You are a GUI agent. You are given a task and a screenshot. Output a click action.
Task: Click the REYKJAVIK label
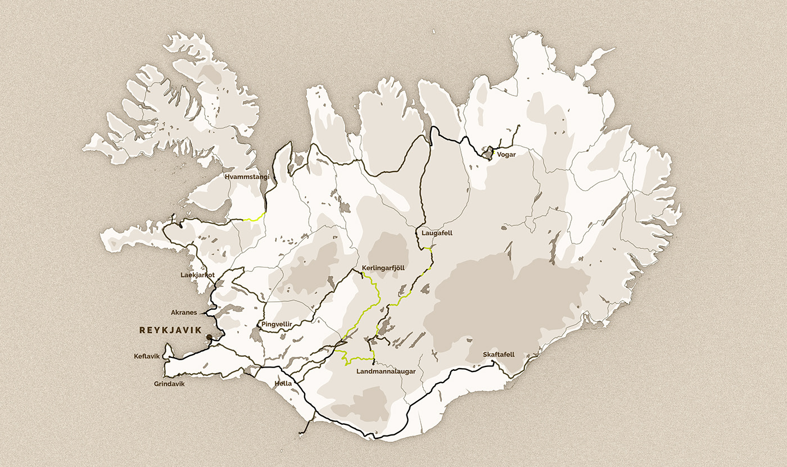(x=170, y=331)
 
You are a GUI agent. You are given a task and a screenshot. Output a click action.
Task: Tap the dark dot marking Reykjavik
(x=209, y=337)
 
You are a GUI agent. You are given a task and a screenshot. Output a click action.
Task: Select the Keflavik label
(x=147, y=356)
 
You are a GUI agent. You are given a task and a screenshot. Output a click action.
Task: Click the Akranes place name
(x=183, y=312)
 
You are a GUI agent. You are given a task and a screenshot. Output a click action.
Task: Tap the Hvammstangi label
(x=247, y=176)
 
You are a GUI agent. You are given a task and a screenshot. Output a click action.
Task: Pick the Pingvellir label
(x=274, y=325)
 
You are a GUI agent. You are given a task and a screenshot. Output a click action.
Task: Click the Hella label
(x=283, y=383)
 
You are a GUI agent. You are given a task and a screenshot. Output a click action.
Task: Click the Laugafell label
(x=437, y=232)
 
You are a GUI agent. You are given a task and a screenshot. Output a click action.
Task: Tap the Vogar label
(x=506, y=154)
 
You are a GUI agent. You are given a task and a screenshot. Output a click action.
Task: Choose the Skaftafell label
(x=499, y=355)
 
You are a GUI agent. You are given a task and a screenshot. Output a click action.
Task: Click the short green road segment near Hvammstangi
(x=256, y=216)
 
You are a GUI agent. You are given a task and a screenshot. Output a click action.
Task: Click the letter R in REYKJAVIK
(x=142, y=331)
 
